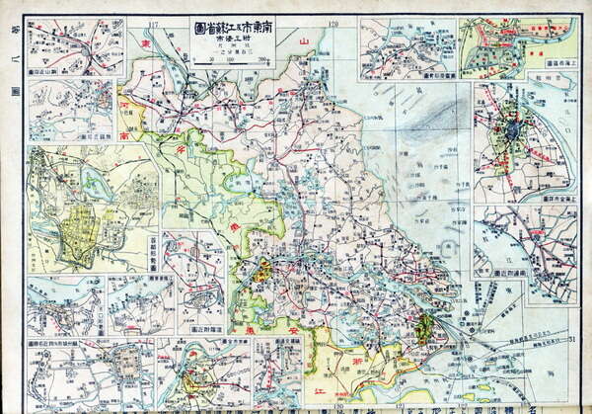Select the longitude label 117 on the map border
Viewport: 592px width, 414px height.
[153, 24]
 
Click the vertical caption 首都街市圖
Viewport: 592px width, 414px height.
[153, 251]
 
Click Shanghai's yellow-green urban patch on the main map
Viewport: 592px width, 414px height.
[424, 329]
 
